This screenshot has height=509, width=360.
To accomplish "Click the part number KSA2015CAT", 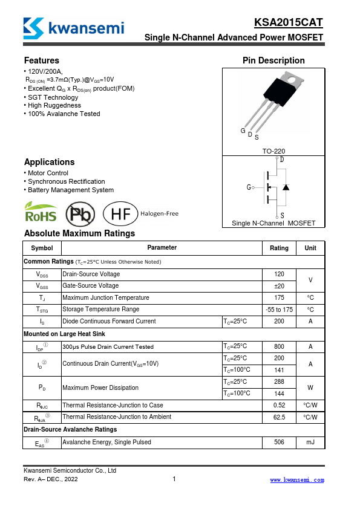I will (289, 23).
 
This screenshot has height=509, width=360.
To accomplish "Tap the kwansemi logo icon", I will (33, 27).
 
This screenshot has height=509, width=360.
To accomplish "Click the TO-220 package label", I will (273, 151).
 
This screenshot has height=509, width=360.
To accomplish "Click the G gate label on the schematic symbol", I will (249, 187).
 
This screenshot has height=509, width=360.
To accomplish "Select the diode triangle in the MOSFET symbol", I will (286, 187).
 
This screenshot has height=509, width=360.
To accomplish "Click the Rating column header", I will (279, 248).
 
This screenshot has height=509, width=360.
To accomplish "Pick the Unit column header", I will (310, 248).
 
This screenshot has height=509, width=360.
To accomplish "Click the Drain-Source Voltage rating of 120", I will (279, 274).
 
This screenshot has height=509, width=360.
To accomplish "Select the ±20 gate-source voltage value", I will (279, 286).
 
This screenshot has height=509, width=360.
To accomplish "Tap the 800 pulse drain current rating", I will (279, 346).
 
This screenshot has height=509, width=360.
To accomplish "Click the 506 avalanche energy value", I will (279, 443).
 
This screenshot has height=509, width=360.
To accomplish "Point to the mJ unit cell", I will (310, 443).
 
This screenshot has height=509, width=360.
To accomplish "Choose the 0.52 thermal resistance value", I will (279, 405).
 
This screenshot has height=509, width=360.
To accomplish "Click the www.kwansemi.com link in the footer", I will (296, 480).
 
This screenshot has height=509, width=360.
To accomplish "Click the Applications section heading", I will (50, 162).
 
